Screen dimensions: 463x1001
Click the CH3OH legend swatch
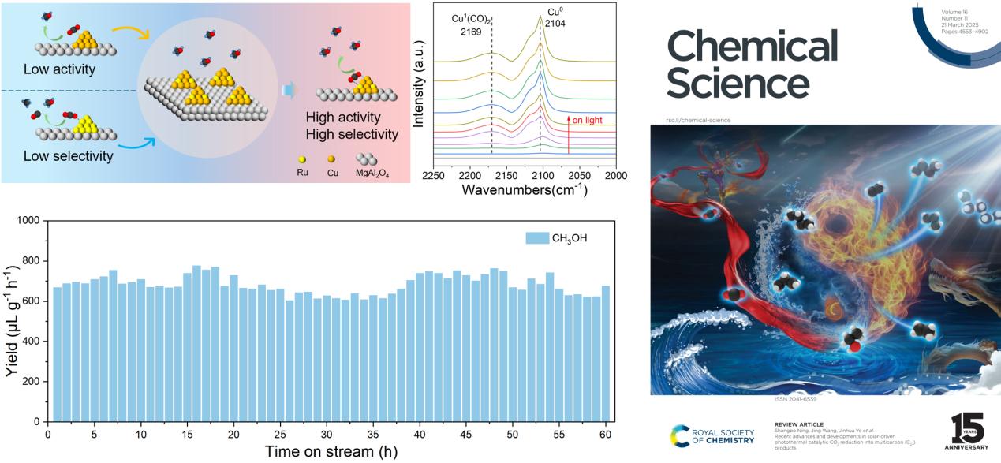pos(538,237)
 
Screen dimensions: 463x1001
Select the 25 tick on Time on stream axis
pos(280,435)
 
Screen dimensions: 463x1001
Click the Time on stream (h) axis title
pos(331,452)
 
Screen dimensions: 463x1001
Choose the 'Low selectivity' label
pos(68,156)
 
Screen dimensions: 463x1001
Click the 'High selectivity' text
pos(352,134)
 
